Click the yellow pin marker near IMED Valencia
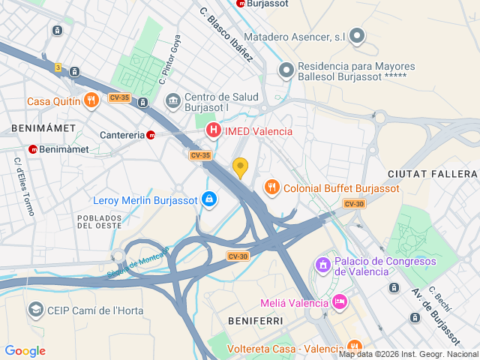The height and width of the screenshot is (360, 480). click(240, 167)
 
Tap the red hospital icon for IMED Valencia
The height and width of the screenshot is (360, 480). click(214, 131)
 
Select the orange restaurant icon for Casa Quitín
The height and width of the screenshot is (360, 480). click(91, 100)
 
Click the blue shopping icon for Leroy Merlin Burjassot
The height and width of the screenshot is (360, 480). click(208, 200)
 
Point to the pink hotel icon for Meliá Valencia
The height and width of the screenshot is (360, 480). click(339, 302)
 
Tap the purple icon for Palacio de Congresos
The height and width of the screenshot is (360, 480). click(322, 265)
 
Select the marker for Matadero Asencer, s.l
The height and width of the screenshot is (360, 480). click(357, 35)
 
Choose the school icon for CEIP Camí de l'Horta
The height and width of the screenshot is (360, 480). click(35, 310)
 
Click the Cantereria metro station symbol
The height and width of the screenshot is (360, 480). click(151, 135)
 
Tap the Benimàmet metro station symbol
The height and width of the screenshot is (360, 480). click(33, 149)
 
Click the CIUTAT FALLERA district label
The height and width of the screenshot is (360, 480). click(432, 174)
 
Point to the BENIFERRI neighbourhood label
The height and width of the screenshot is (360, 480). click(255, 320)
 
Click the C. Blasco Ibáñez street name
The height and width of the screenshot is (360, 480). click(227, 33)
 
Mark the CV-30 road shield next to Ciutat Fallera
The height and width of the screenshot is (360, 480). click(354, 204)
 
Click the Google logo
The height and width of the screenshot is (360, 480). click(25, 351)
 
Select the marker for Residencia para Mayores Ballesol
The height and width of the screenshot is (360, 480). click(285, 71)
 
